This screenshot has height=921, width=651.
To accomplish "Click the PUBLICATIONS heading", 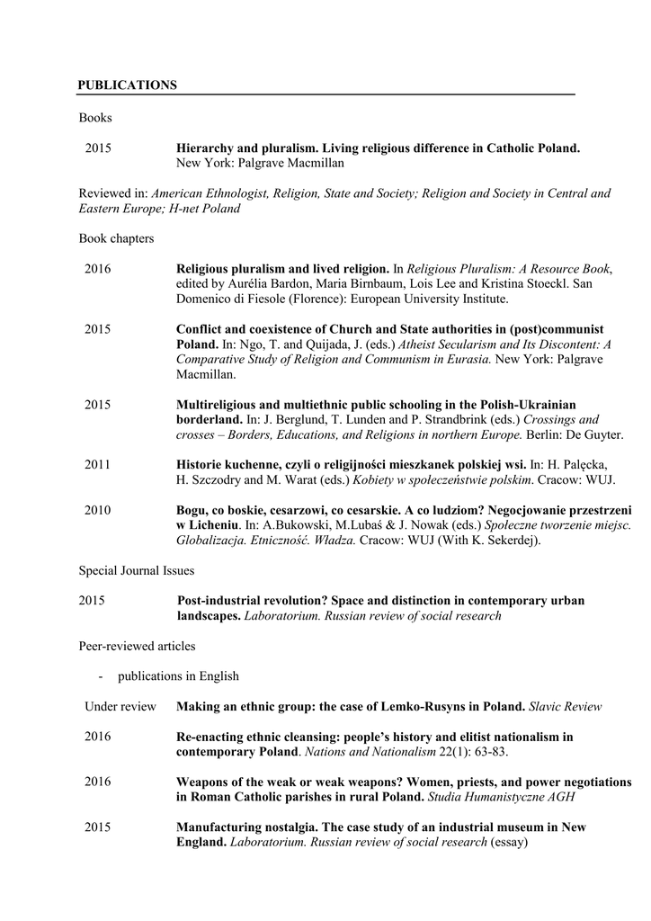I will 127,85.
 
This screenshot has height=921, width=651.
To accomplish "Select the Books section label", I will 94,117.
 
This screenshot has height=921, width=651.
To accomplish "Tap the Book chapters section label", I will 116,238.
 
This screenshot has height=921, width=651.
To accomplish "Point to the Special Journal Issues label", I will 136,570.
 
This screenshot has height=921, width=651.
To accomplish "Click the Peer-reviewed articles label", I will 137,646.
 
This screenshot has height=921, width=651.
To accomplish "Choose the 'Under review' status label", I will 120,707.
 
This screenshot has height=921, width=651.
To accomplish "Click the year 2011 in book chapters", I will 98,464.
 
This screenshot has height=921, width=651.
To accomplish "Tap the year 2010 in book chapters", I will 98,510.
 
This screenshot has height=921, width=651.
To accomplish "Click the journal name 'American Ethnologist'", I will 210,193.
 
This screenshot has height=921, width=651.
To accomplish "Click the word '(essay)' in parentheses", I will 509,843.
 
